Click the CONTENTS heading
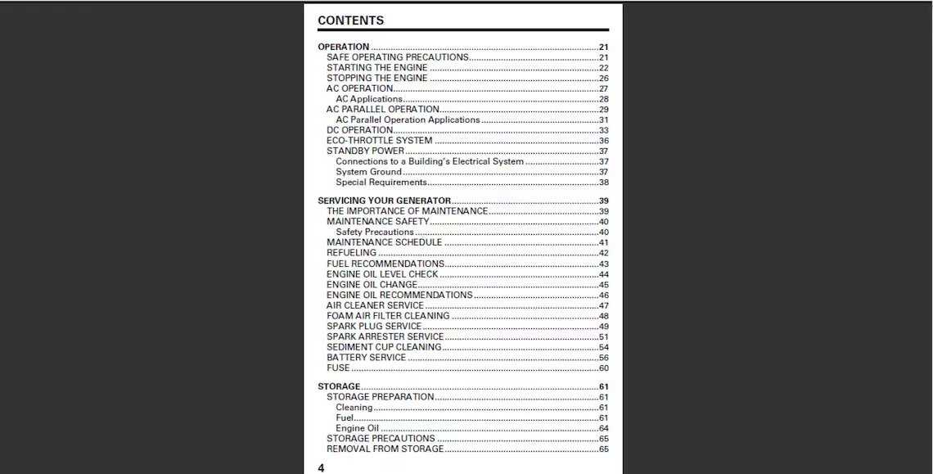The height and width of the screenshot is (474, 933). click(350, 20)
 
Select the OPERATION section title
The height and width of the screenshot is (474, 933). click(344, 47)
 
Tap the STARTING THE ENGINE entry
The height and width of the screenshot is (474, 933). click(376, 68)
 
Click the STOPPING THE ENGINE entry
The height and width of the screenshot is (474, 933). click(376, 79)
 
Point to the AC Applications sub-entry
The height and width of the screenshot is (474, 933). click(369, 99)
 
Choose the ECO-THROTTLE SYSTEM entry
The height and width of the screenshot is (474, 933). click(379, 141)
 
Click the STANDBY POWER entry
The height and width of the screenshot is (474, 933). click(365, 151)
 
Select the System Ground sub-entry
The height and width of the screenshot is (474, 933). click(368, 172)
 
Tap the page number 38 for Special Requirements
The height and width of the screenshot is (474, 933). click(603, 183)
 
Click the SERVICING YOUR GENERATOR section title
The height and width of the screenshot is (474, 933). click(384, 201)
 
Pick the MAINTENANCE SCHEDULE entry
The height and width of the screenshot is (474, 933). click(384, 242)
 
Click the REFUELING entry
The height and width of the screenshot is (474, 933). click(351, 253)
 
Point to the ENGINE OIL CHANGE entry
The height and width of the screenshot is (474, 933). click(372, 285)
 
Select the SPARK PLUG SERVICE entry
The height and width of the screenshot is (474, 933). click(374, 326)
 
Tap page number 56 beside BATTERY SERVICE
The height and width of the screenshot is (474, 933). click(603, 358)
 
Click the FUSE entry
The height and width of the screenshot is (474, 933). click(338, 368)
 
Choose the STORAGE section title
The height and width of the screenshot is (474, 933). click(339, 386)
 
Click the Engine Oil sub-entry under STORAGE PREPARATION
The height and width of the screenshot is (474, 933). click(357, 428)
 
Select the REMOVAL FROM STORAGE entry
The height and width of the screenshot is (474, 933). click(385, 449)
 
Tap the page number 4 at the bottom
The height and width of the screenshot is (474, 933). click(321, 467)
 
